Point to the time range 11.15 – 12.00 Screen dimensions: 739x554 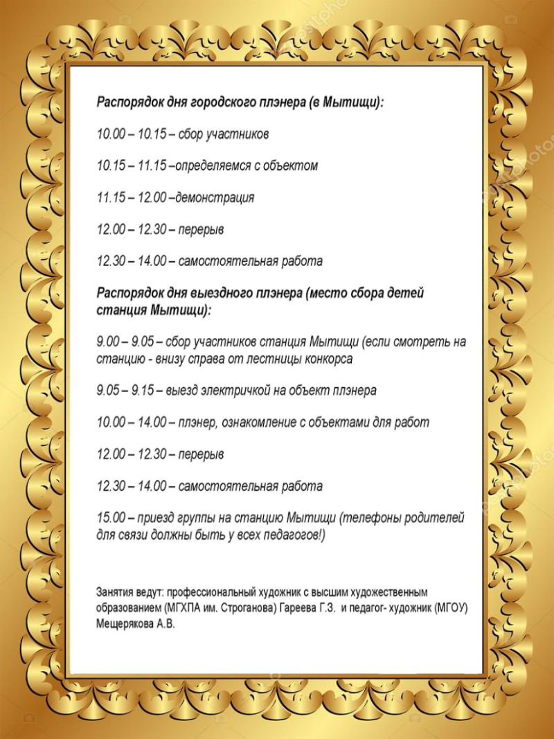(x=132, y=198)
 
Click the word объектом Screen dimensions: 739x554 (x=291, y=166)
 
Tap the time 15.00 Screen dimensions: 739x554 (x=111, y=518)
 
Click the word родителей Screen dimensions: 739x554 (x=436, y=518)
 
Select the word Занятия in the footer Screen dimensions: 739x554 (x=113, y=593)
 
